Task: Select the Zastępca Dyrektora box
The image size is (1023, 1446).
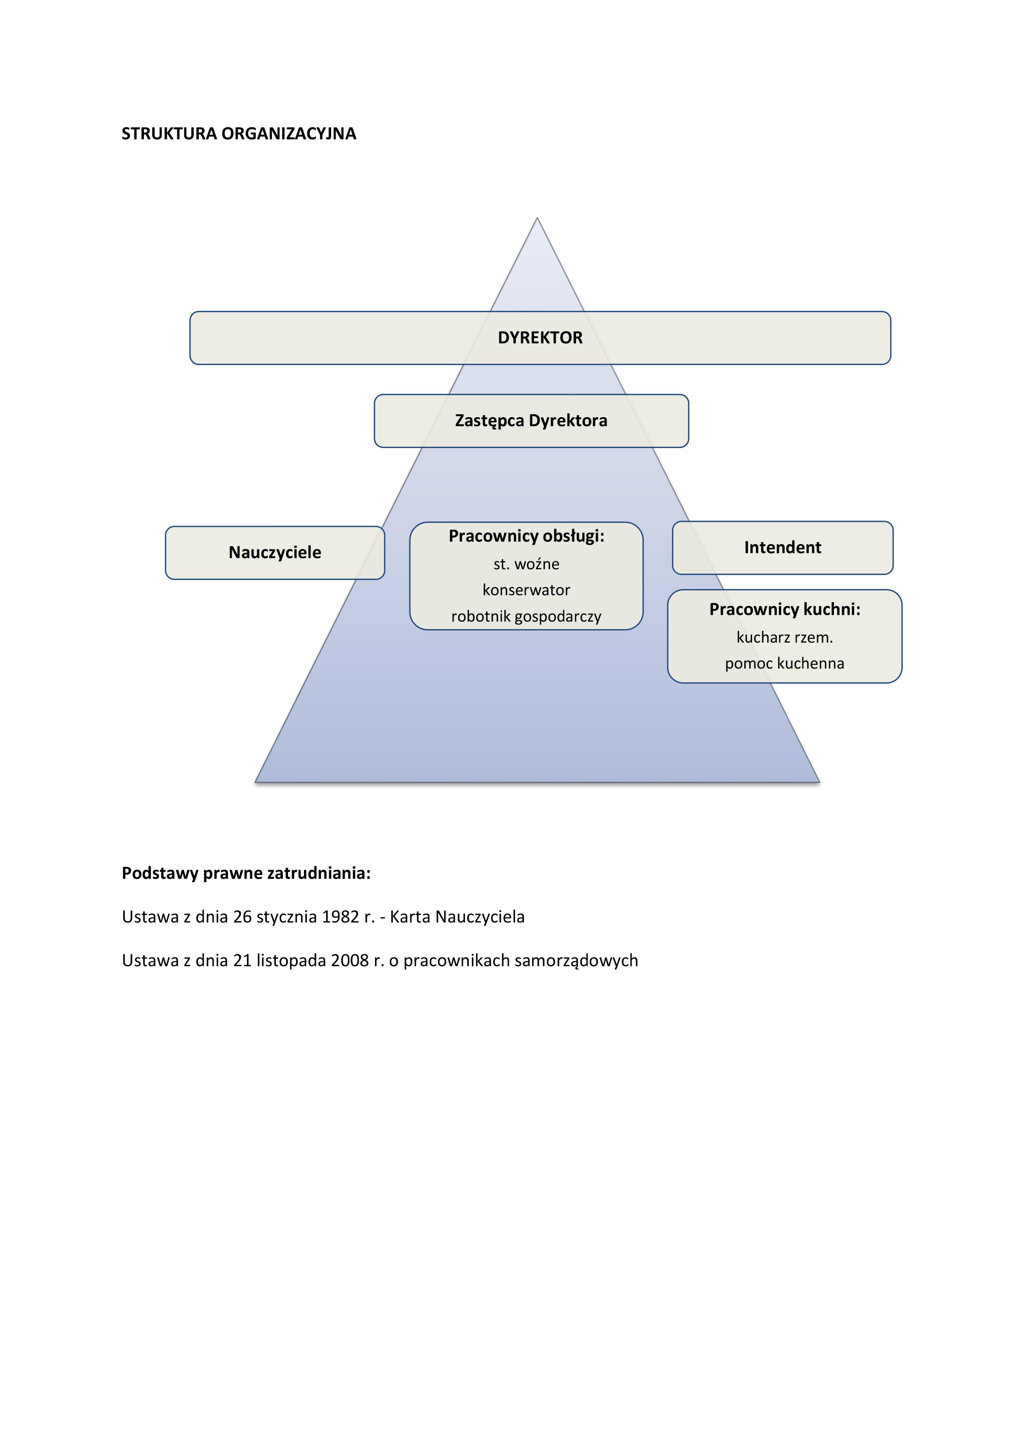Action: (x=531, y=421)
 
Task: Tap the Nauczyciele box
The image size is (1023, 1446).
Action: (x=275, y=552)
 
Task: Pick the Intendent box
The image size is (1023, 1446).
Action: (x=782, y=547)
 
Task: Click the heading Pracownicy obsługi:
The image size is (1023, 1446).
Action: (x=526, y=536)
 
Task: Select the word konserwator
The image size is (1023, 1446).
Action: (x=526, y=590)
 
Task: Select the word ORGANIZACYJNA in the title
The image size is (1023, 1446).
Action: (x=289, y=134)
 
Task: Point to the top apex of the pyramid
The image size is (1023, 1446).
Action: (x=537, y=220)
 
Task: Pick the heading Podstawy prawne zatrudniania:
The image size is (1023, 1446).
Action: (x=246, y=873)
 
